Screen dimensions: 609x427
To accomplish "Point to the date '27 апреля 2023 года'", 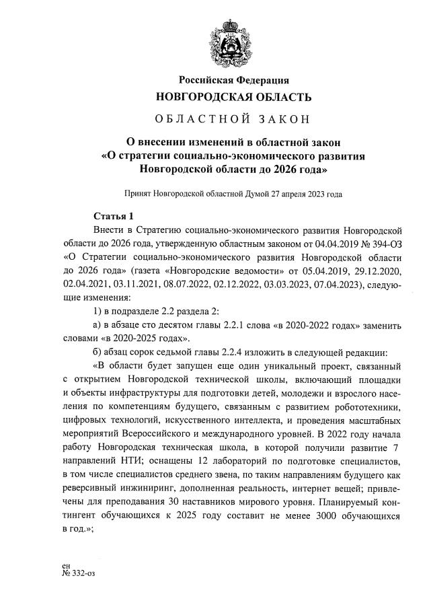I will (306, 193).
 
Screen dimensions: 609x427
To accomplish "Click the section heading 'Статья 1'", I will (114, 216).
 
